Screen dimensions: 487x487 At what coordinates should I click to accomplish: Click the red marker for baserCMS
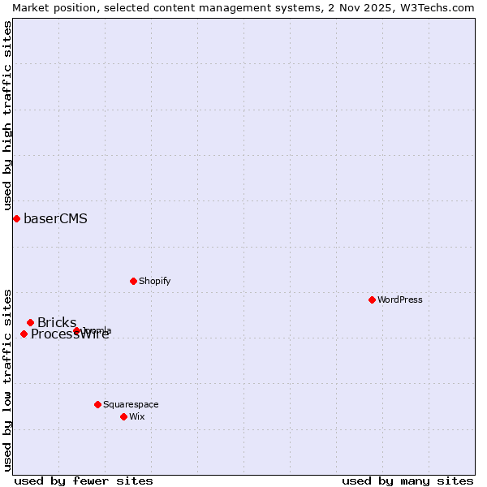[16, 218]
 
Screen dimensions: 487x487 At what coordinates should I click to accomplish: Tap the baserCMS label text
[55, 219]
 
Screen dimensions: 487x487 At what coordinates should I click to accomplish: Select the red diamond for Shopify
[133, 281]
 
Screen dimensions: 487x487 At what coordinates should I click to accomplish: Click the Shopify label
[154, 282]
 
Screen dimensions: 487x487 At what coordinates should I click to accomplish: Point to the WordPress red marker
[372, 300]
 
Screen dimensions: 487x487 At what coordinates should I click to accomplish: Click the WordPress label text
[399, 300]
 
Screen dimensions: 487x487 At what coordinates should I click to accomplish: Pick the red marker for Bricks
[30, 322]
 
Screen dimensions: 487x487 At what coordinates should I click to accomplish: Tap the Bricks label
[56, 323]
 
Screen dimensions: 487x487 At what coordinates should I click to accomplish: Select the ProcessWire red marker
[24, 334]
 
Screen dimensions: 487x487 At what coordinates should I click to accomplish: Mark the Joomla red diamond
[76, 330]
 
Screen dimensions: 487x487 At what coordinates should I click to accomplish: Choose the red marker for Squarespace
[97, 404]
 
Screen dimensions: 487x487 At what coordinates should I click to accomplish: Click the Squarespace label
[131, 405]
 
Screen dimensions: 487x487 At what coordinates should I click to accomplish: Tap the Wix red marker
[123, 416]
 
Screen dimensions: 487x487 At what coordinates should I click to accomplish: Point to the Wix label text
[136, 417]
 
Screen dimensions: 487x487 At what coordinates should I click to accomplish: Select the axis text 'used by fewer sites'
[84, 481]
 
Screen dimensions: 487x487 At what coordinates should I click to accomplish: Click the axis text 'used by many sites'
[407, 481]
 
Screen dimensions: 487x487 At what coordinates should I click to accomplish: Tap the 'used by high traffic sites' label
[7, 115]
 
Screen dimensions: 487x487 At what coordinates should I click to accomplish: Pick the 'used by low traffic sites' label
[7, 380]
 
